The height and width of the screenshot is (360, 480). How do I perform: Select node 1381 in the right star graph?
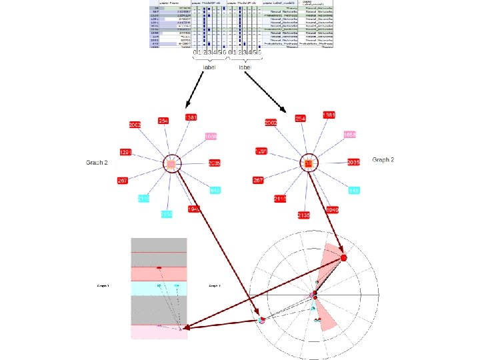tap(328, 115)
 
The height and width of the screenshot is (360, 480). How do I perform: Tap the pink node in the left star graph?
tap(211, 137)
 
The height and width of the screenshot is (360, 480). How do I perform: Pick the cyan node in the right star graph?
tap(354, 191)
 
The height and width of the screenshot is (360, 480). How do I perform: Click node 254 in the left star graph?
tap(163, 121)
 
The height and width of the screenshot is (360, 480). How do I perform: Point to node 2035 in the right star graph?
tap(353, 162)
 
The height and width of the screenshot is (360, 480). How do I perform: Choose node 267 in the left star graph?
tap(122, 181)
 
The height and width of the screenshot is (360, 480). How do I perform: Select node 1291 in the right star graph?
tap(261, 151)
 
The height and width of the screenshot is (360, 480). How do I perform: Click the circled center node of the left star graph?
tap(171, 163)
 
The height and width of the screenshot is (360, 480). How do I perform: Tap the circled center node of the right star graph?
tap(309, 163)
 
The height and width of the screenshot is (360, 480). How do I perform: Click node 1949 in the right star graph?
tap(331, 210)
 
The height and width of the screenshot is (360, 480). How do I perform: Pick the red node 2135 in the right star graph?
tap(304, 215)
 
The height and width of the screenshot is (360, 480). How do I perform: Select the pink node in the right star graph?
tap(350, 135)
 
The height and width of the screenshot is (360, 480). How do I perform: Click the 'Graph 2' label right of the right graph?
tap(383, 160)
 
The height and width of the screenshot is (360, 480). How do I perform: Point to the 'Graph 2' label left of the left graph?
tap(97, 163)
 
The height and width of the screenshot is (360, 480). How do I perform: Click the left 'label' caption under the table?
tap(209, 67)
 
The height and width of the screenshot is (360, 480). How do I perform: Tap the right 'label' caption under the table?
tap(245, 67)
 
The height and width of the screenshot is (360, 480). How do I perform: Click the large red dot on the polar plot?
tap(344, 257)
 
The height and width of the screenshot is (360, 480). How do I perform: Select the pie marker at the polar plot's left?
tap(262, 320)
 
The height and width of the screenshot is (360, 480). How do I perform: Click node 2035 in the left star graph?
tap(214, 163)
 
